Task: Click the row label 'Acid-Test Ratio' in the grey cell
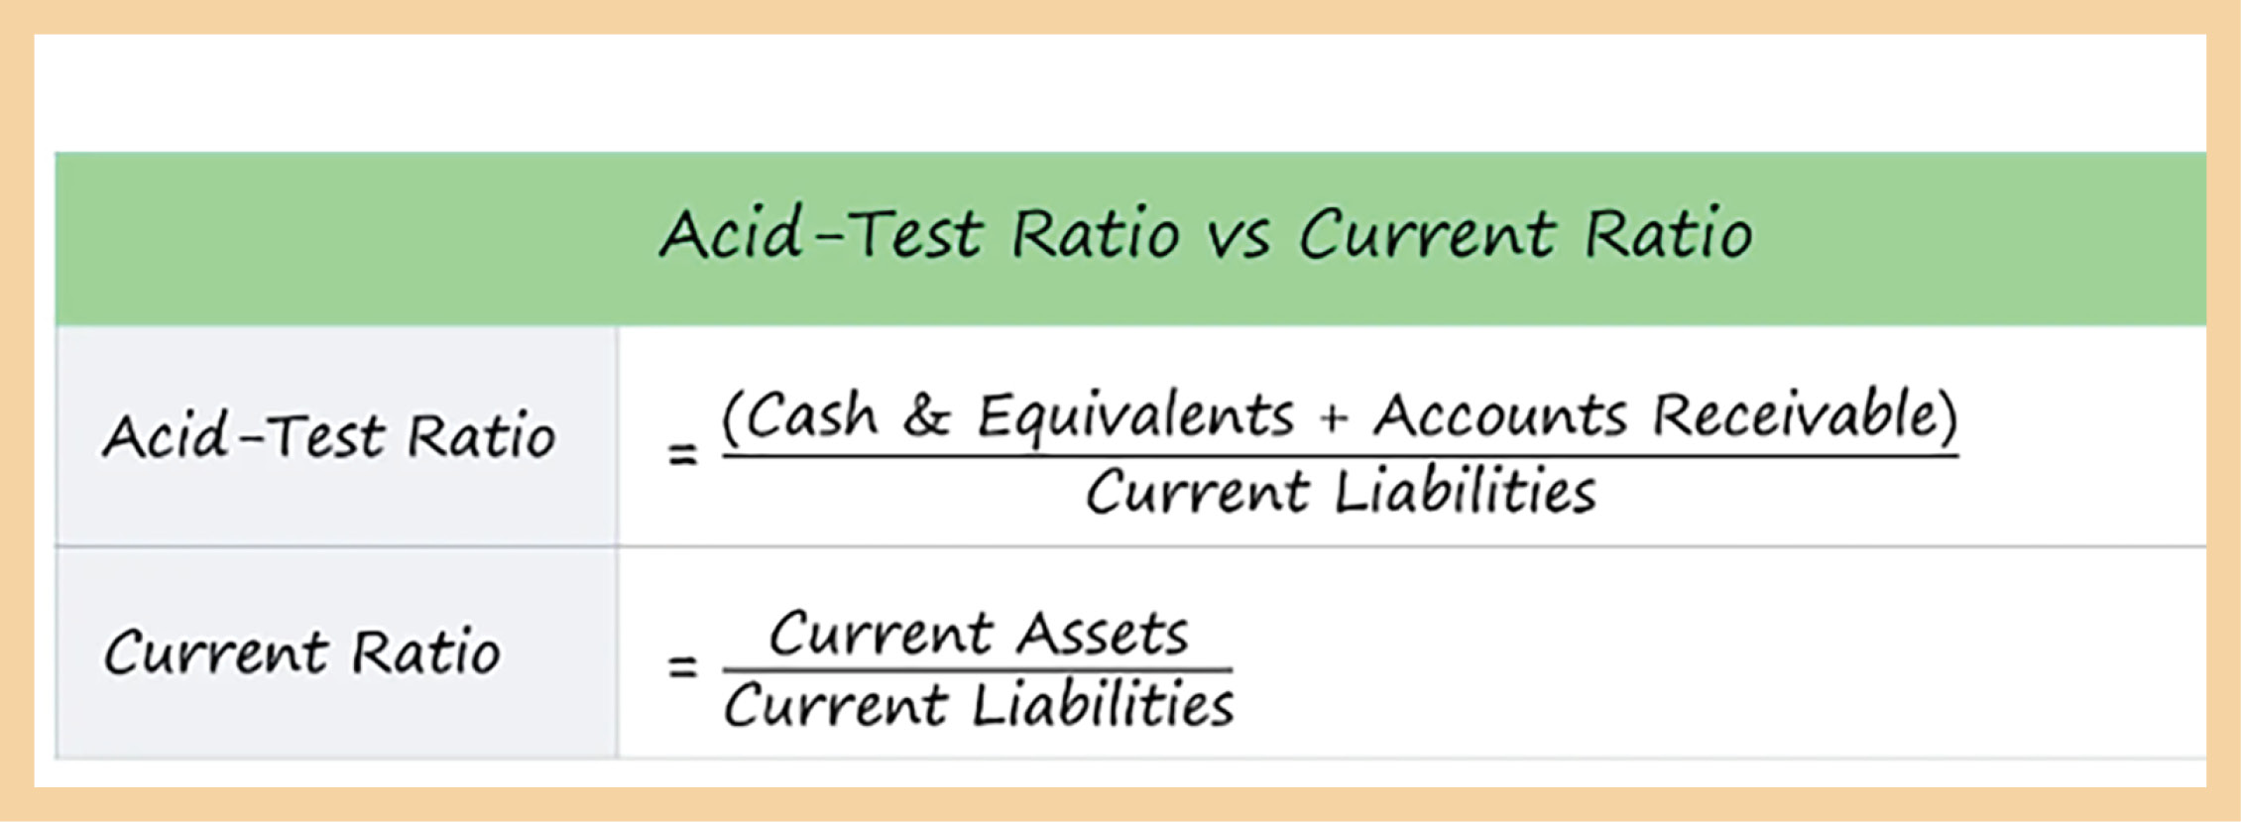[x=329, y=435]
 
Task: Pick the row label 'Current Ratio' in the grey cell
[x=302, y=652]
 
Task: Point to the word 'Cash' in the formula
[x=811, y=415]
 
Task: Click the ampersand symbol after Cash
[x=927, y=416]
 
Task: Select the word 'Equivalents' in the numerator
[x=1136, y=416]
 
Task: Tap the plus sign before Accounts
[x=1335, y=419]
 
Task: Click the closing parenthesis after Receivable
[x=1947, y=416]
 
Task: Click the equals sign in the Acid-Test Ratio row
[x=682, y=455]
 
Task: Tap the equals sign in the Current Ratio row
[x=682, y=664]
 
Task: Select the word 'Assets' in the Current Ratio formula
[x=1102, y=634]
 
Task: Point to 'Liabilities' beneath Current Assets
[x=1103, y=705]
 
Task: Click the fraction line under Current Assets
[x=978, y=670]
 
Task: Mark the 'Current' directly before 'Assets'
[x=881, y=635]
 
